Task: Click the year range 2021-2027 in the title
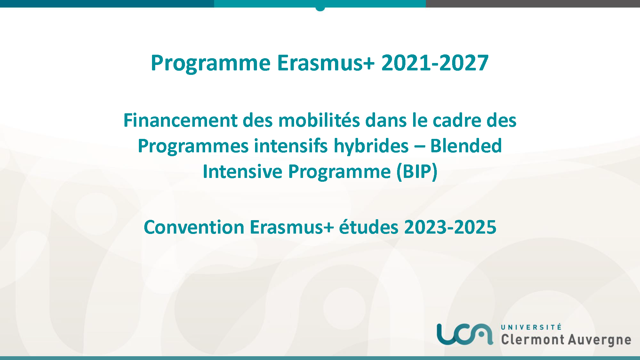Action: (435, 63)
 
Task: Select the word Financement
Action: (180, 120)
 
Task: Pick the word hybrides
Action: (371, 146)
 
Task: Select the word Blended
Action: (466, 146)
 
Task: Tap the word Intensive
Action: (243, 172)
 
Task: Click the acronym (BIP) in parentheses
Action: (417, 172)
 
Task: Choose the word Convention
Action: (194, 227)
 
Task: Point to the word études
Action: (369, 227)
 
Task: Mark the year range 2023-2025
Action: (450, 227)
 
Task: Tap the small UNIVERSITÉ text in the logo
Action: (531, 327)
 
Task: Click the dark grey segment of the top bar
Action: (533, 4)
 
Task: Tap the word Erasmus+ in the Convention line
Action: (292, 227)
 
